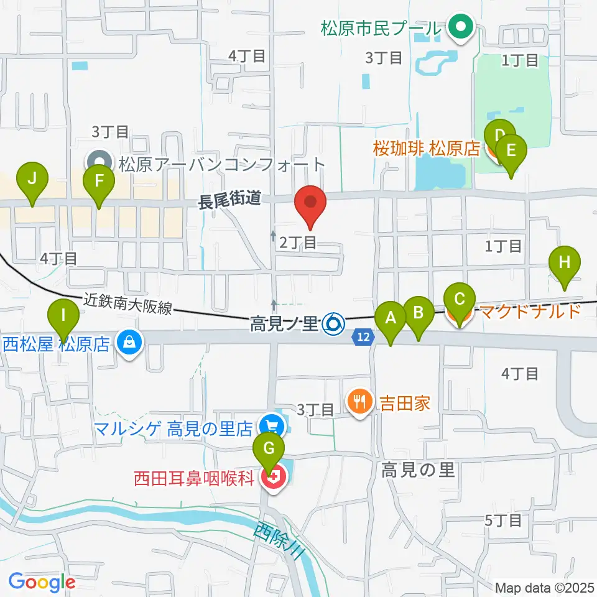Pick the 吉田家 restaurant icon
[359, 404]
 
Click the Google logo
[42, 582]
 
